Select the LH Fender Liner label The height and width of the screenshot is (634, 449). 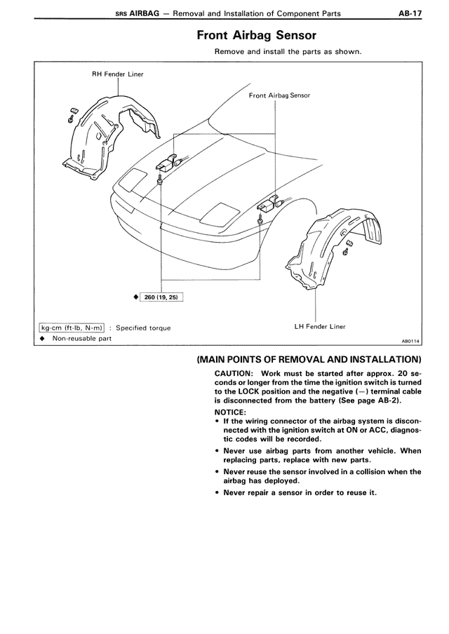click(320, 326)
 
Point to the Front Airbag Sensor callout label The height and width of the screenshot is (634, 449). click(279, 95)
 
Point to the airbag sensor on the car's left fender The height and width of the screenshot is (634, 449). click(269, 205)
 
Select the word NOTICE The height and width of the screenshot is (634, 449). click(230, 412)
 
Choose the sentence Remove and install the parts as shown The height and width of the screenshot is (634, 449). click(288, 52)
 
